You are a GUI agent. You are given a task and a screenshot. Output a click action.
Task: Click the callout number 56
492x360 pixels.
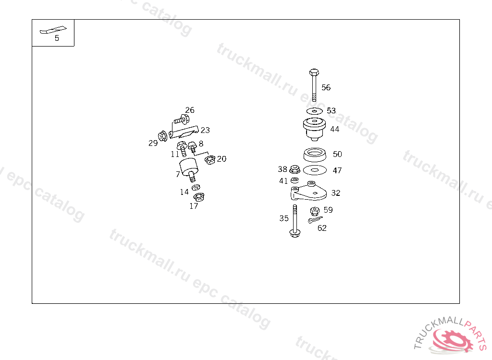tap(326, 87)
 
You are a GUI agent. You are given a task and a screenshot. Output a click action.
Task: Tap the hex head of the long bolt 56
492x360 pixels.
tap(314, 72)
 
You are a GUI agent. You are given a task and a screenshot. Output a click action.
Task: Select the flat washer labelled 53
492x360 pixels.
tap(315, 111)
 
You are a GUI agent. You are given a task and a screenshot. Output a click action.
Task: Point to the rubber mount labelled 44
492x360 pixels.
tap(315, 128)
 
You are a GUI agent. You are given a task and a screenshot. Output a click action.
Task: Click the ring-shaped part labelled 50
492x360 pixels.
tap(315, 155)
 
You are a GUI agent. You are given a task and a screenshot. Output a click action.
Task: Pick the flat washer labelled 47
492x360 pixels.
tap(315, 169)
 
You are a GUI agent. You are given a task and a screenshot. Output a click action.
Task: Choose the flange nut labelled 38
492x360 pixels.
tap(295, 169)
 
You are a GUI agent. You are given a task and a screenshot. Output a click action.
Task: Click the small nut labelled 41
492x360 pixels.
tap(295, 180)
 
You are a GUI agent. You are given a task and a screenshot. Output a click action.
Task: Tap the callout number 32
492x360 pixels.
tap(335, 193)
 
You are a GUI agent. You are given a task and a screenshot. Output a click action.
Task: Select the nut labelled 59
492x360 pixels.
tap(315, 211)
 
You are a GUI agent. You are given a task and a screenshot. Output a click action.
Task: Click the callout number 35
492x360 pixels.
tap(284, 218)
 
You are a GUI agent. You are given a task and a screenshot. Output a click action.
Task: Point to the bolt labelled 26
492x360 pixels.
tap(181, 118)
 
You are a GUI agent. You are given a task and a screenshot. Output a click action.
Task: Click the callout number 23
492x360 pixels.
tap(205, 130)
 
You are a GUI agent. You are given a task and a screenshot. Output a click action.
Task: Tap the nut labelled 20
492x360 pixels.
tap(209, 160)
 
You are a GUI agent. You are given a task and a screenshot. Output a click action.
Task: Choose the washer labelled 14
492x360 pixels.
tap(196, 188)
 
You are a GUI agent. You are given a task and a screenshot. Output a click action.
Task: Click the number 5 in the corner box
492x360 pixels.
tap(57, 38)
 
